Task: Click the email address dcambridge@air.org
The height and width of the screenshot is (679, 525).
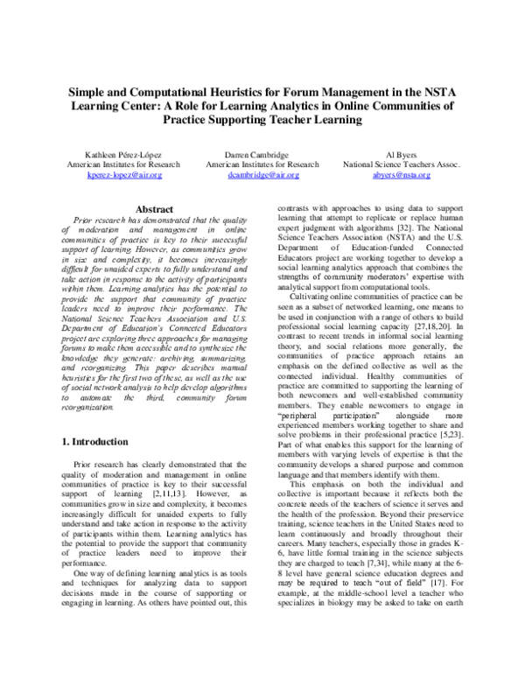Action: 262,175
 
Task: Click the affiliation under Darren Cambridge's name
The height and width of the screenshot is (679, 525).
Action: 262,164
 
